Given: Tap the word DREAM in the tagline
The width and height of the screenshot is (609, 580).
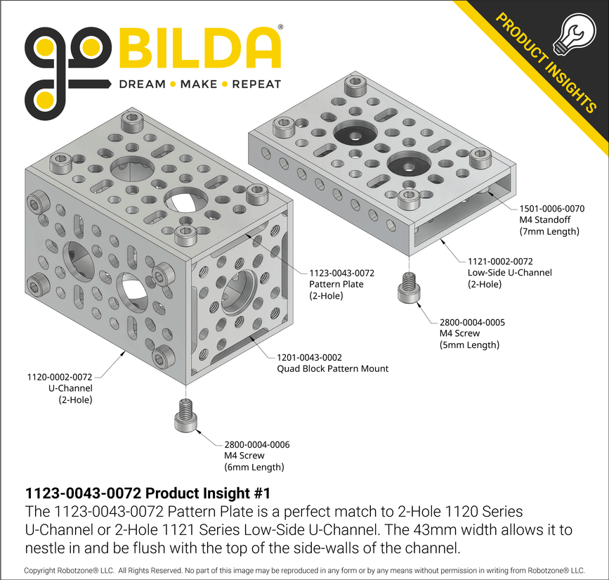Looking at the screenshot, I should pos(143,84).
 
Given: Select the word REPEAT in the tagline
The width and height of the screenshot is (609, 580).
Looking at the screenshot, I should pos(256,84).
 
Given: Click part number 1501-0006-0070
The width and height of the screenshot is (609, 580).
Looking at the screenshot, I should pos(551,209).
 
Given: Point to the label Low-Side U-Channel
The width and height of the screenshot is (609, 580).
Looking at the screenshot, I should pos(509,272).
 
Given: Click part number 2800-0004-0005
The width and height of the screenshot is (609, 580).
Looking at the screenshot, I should pos(472,322).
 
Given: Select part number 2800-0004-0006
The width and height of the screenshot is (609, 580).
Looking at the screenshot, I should pos(257,444).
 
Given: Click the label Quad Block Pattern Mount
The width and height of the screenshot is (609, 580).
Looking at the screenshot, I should pos(332,368).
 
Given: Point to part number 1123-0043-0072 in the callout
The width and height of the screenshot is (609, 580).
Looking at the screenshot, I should pos(341,273).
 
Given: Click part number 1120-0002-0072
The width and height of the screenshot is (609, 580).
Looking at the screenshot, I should pos(60,377).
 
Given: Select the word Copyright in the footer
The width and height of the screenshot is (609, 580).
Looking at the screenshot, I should pos(44,570).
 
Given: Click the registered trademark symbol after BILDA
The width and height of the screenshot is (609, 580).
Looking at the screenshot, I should pos(280,27).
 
